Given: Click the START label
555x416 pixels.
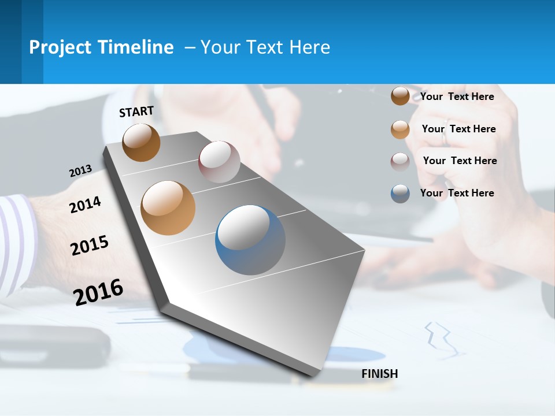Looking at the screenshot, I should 136,112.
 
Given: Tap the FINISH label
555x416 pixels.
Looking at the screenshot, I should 379,374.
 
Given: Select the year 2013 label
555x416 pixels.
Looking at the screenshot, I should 80,171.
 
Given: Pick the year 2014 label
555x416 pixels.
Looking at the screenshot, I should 85,205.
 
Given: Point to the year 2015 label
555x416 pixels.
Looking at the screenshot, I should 89,246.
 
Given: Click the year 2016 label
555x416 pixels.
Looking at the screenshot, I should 98,292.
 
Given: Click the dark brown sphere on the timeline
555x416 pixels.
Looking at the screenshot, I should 141,142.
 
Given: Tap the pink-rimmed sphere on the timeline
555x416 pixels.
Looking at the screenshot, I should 219,162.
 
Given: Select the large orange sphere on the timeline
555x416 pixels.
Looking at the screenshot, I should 168,208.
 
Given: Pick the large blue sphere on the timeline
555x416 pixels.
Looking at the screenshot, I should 250,240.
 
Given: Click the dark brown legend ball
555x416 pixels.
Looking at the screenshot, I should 400,96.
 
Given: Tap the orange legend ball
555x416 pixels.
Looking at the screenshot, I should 400,129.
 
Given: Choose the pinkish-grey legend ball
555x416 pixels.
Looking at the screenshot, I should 400,161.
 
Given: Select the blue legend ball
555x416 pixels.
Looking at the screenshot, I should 400,194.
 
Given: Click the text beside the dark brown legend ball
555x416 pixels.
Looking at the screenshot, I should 457,96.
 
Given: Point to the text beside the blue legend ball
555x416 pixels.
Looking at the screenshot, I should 457,193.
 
